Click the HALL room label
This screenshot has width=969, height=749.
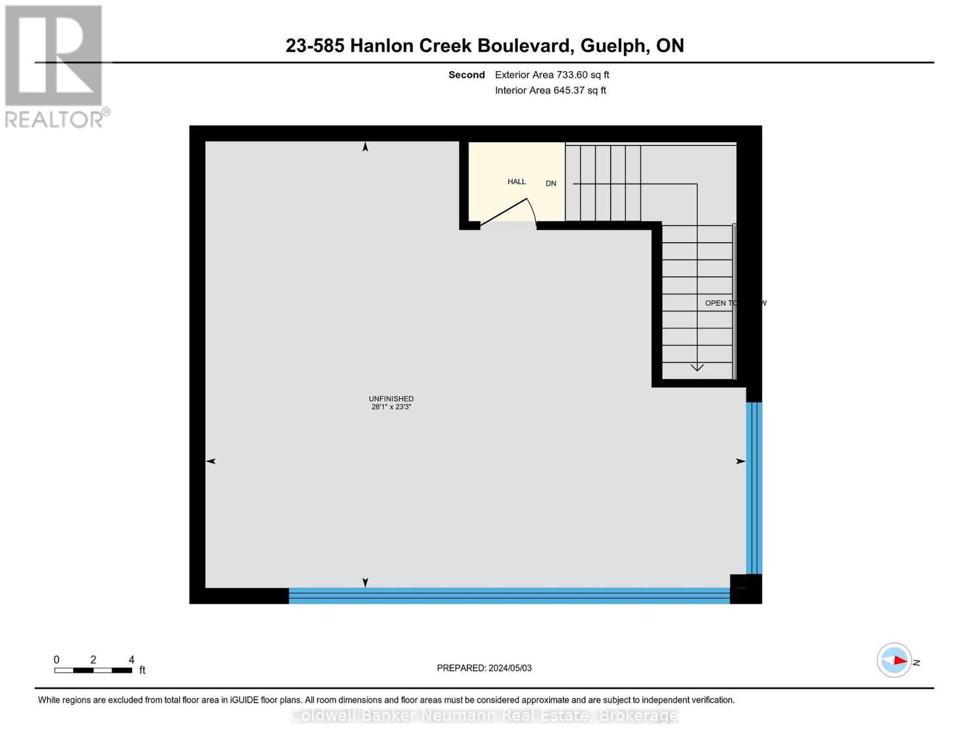point(517,182)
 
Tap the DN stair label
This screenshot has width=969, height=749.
point(551,184)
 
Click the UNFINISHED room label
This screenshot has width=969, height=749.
point(391,399)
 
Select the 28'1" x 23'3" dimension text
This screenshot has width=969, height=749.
point(391,407)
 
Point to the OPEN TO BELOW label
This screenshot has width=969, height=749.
point(735,303)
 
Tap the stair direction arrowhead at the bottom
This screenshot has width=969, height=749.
point(697,367)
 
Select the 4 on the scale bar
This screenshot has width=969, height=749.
point(131,660)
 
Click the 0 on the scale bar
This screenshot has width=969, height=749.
point(57,660)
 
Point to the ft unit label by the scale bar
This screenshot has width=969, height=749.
point(142,670)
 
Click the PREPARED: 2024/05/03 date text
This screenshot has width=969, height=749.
point(484,668)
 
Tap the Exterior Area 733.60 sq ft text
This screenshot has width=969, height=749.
point(552,75)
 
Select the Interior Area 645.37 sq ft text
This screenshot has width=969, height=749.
point(550,91)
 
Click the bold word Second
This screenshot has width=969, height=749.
point(467,75)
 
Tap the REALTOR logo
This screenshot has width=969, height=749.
point(55,66)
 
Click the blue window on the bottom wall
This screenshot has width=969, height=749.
point(509,596)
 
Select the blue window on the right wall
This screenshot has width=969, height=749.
point(754,487)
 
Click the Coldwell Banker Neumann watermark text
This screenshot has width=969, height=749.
point(484,715)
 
